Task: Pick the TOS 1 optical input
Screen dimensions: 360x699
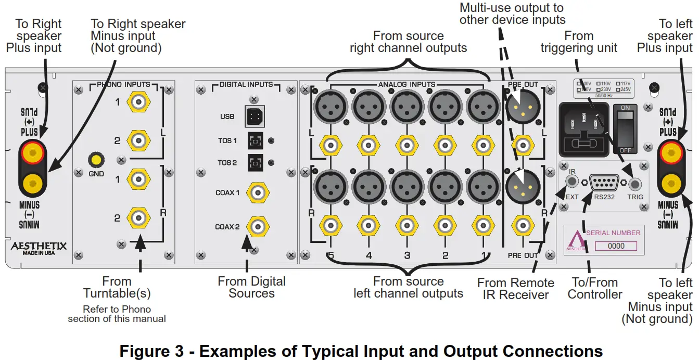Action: (255, 140)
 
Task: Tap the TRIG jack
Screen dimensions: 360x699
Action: (634, 184)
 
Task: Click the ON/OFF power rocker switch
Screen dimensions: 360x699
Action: (625, 127)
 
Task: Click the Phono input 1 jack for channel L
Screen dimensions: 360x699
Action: (138, 102)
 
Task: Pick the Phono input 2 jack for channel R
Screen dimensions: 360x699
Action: (138, 218)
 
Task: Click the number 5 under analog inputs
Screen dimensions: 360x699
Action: (330, 255)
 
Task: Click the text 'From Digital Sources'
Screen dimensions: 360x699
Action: (251, 287)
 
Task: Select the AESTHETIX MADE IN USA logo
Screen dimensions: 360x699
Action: (39, 248)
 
